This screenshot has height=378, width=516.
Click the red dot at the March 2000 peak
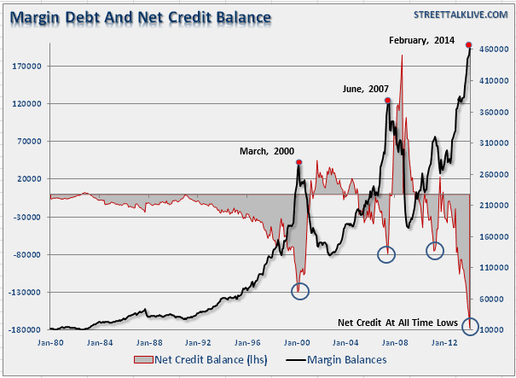299,162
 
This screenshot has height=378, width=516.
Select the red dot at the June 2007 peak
388,101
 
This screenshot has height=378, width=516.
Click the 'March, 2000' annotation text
266,151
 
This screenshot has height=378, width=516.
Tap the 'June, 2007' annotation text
365,89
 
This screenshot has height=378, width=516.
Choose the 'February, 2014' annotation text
422,40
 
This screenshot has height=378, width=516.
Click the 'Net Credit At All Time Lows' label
398,323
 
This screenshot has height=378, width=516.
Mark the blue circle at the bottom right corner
470,327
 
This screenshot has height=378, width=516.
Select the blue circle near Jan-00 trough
300,290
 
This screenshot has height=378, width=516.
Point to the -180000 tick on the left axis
29,329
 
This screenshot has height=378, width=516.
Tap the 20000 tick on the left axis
33,178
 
